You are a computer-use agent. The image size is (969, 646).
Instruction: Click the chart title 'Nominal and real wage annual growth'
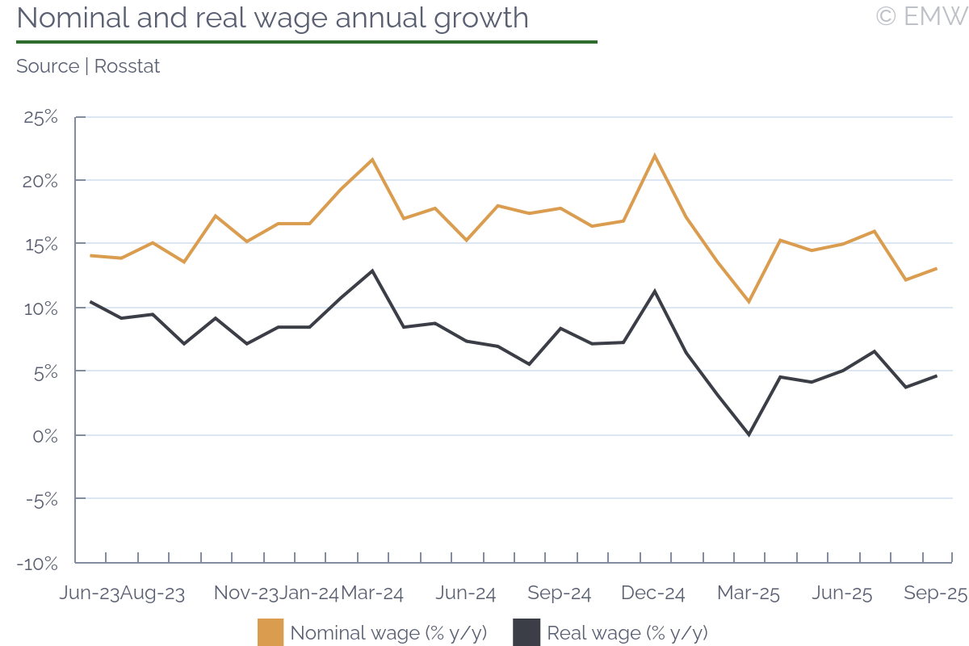point(272,18)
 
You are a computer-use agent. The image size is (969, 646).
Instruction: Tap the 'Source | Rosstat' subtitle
point(88,66)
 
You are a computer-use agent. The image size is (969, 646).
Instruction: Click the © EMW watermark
point(921,16)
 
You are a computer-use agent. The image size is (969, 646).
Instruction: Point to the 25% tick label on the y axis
point(40,117)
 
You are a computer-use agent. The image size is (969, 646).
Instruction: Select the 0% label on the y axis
point(45,435)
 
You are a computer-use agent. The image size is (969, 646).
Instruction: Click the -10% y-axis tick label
point(37,563)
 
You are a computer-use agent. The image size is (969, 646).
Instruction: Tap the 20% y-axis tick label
point(40,181)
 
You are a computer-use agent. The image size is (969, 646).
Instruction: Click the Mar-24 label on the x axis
point(372,594)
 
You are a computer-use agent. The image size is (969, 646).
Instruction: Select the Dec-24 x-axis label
point(653,594)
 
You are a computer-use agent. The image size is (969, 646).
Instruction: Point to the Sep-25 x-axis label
point(935,594)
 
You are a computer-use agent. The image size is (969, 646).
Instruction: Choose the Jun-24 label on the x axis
point(466,594)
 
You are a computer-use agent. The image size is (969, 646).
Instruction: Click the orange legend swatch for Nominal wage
point(271,632)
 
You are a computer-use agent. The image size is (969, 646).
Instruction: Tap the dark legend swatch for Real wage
point(526,632)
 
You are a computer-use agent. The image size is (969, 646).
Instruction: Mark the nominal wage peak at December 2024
point(654,156)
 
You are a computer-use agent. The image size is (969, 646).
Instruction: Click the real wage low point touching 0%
point(749,434)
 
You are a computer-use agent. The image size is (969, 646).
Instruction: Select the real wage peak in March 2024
point(372,271)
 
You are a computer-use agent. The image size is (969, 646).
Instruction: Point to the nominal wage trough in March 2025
point(749,302)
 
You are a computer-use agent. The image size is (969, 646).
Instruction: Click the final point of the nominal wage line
point(936,268)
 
